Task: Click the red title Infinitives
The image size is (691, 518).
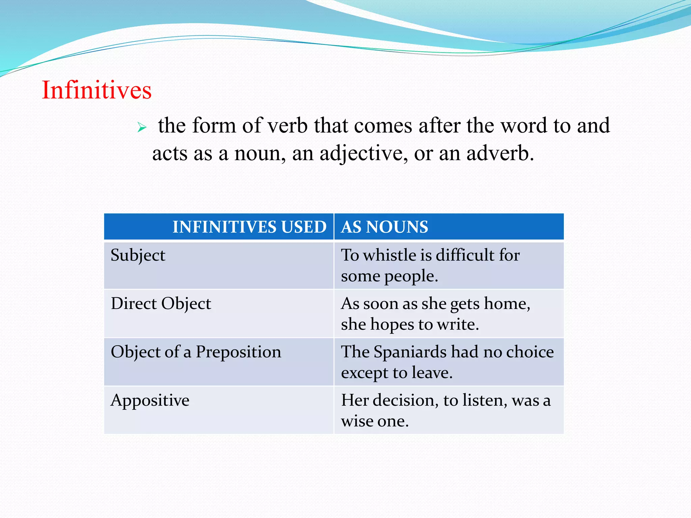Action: click(x=96, y=90)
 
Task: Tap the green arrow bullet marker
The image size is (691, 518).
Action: click(x=142, y=127)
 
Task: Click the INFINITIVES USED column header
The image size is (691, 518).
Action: click(x=249, y=227)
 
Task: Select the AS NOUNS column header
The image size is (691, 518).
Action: click(x=385, y=227)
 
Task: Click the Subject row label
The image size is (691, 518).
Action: click(x=138, y=255)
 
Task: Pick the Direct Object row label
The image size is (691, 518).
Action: click(x=161, y=304)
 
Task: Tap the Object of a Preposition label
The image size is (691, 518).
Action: click(x=196, y=352)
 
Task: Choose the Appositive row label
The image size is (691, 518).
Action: click(x=150, y=401)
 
